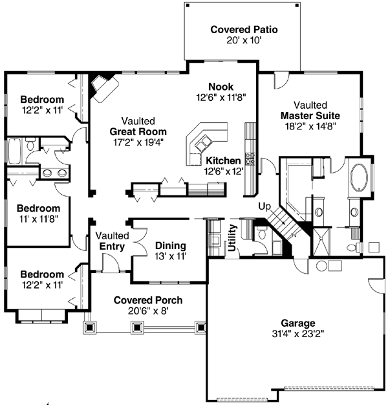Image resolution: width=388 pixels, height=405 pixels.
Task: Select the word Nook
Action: point(221,87)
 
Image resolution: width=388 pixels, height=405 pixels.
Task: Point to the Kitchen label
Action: point(223,160)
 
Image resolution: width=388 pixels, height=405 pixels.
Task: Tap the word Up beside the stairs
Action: point(264,206)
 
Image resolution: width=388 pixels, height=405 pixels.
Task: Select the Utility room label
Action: point(232,238)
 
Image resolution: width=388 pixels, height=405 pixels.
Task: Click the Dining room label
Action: point(171,245)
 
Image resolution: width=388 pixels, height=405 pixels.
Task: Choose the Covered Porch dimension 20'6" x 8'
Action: point(147,311)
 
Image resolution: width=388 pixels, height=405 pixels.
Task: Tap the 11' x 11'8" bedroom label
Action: point(38,219)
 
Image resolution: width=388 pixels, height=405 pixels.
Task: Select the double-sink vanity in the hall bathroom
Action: point(54,173)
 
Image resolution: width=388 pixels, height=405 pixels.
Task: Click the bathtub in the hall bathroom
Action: point(14,151)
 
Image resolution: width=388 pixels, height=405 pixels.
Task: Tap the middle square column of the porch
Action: point(137,328)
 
